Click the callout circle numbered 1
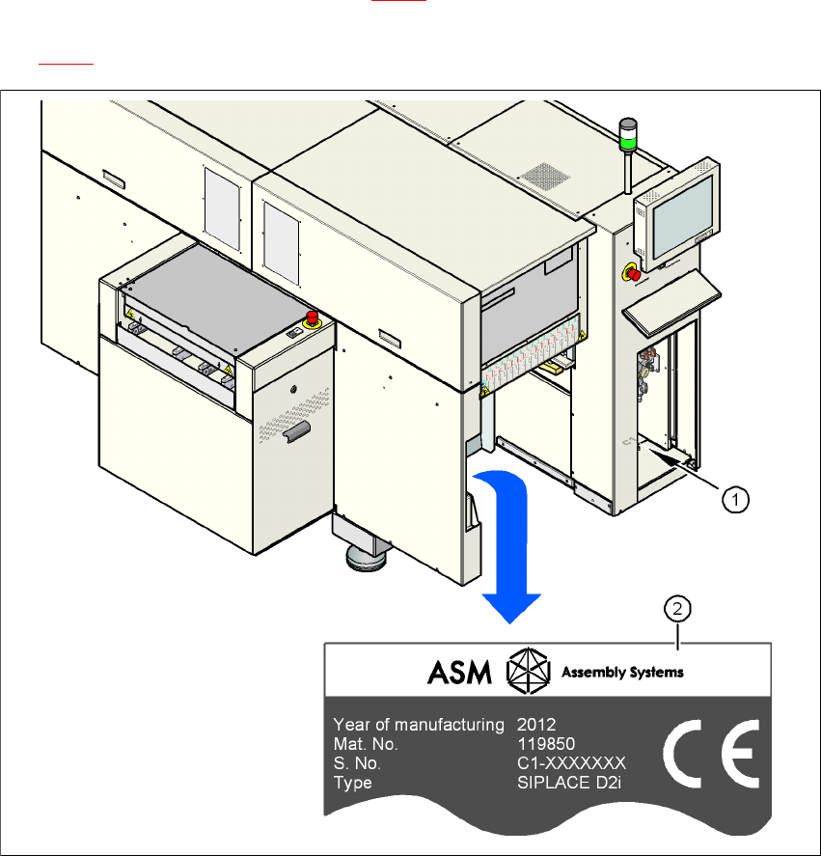pos(735,499)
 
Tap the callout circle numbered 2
pos(680,609)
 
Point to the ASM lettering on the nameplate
pos(459,671)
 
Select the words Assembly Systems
pos(621,672)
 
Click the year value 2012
pos(536,724)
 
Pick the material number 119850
pos(544,744)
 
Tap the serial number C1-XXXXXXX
pos(572,763)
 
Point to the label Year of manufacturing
pos(418,724)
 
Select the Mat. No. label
pos(365,744)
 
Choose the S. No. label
pos(357,763)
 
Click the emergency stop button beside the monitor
pos(635,273)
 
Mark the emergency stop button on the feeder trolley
pos(313,319)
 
